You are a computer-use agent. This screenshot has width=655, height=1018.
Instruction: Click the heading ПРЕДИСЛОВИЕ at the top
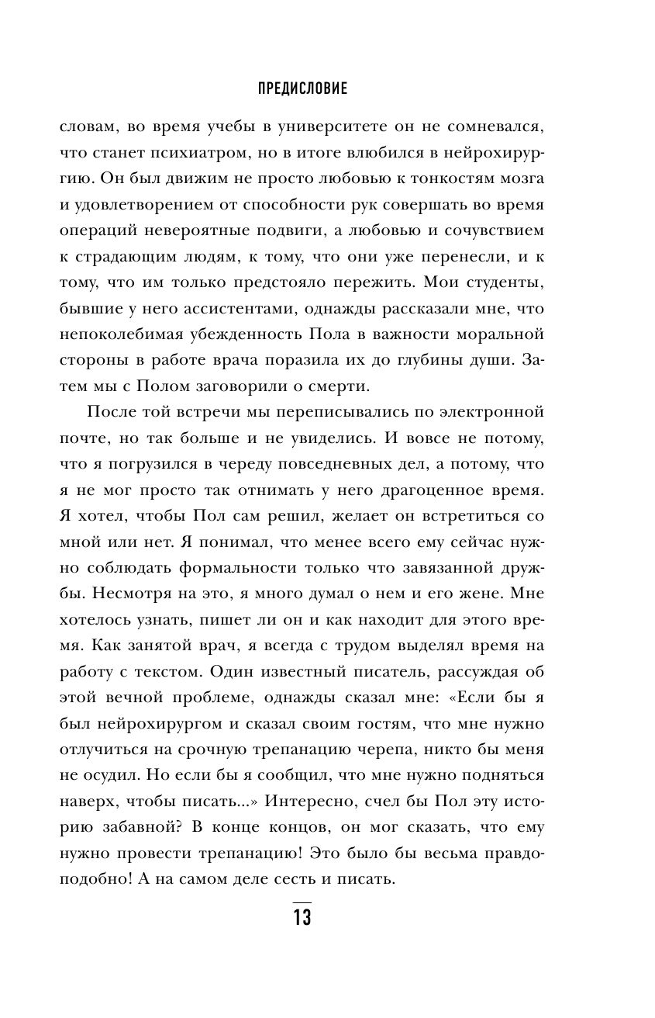pyautogui.click(x=302, y=88)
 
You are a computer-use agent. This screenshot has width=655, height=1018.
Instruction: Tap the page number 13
pyautogui.click(x=302, y=917)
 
